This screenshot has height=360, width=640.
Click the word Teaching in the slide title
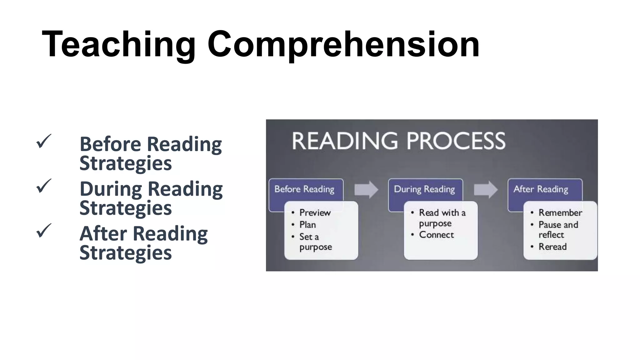(x=118, y=44)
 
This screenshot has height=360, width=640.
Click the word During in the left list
(x=111, y=189)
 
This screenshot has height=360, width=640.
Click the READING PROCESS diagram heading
(x=398, y=141)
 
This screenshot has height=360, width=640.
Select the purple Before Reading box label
(x=304, y=189)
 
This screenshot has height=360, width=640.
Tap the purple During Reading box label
(x=424, y=189)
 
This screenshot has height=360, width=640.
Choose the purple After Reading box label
(x=541, y=189)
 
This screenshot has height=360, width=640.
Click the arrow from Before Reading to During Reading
(x=366, y=189)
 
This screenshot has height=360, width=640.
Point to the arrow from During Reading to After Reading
(x=486, y=189)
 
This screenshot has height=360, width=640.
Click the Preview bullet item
(x=315, y=213)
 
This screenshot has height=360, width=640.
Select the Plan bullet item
(x=307, y=225)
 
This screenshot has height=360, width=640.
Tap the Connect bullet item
(x=436, y=235)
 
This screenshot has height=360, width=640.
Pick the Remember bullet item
(x=560, y=213)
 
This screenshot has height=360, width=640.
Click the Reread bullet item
(x=552, y=247)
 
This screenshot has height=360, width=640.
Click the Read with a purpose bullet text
(x=442, y=218)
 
